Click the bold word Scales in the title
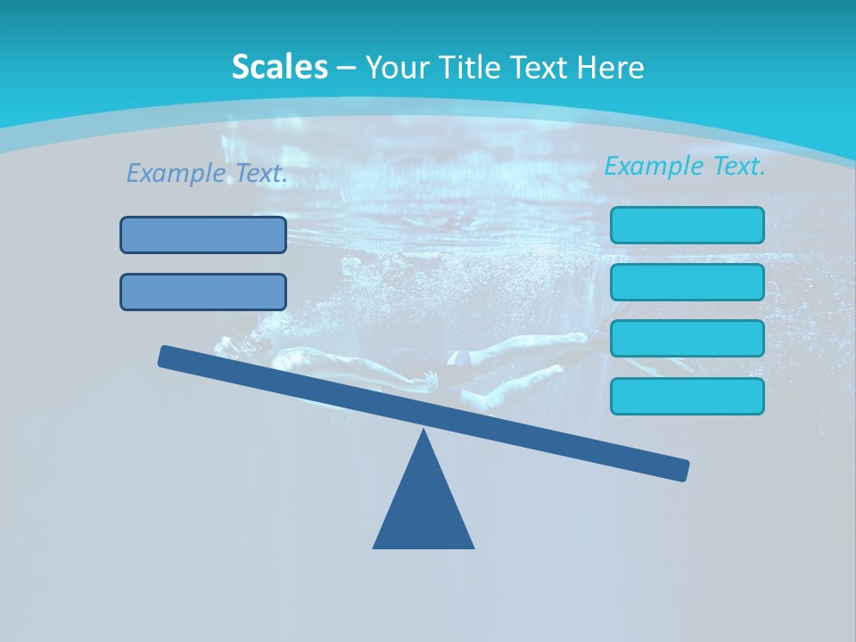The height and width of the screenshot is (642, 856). tap(279, 67)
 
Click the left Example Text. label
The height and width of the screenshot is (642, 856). tap(207, 174)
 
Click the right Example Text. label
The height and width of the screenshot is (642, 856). tap(685, 166)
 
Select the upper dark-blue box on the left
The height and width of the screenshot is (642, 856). tap(203, 235)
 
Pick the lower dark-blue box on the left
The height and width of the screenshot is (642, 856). tap(203, 292)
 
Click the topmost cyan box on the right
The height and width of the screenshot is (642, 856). tap(687, 225)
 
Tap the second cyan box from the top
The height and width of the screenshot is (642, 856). tap(687, 282)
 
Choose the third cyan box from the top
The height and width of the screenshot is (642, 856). tap(687, 339)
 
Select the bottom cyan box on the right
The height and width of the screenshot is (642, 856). tap(687, 396)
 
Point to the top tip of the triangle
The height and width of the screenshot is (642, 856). tap(424, 432)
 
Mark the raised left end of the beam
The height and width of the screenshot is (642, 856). tap(166, 356)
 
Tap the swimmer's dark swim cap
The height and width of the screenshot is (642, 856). tap(457, 358)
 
